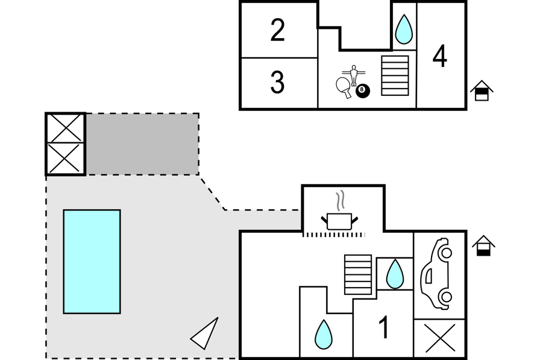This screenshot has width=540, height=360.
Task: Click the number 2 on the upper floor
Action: (x=277, y=30)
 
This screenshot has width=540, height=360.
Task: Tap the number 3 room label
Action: (x=277, y=83)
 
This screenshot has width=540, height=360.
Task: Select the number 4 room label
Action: (x=440, y=57)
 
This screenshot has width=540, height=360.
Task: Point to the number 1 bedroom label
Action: (x=384, y=327)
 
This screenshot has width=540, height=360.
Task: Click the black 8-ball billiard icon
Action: (x=363, y=91)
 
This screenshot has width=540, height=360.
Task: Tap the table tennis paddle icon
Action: (x=343, y=86)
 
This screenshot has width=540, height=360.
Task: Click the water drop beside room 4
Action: (x=404, y=29)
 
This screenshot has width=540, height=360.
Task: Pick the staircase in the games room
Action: (x=395, y=75)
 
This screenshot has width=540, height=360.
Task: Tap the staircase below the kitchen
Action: (x=358, y=274)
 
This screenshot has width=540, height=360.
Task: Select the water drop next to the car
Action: (x=395, y=274)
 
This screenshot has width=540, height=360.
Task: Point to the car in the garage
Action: (x=436, y=274)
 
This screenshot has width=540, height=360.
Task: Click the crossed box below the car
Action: (x=440, y=338)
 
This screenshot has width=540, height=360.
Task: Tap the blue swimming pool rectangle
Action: (x=92, y=261)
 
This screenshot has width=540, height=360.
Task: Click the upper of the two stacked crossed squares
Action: (x=66, y=127)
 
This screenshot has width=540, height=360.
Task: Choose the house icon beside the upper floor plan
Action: (x=482, y=90)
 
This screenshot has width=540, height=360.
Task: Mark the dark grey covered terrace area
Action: (x=142, y=144)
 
